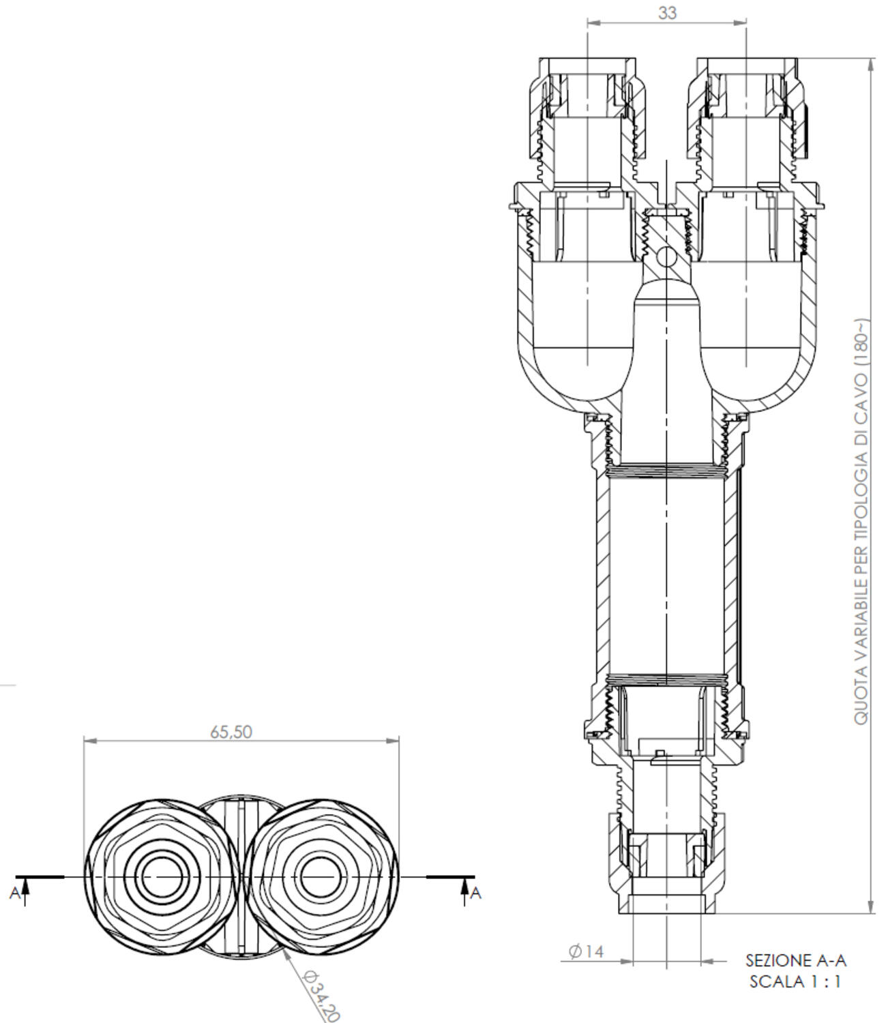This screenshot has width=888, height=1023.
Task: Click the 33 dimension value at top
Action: coord(668,12)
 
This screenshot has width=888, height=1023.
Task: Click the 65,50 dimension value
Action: coord(231,732)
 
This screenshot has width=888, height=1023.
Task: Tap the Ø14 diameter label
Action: coord(586,951)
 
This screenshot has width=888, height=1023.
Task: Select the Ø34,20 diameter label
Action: coord(321,996)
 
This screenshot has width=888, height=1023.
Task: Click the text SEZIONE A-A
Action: coord(796,960)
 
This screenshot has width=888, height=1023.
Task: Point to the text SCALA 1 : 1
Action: coord(795,982)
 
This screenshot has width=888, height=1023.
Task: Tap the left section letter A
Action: coord(14,893)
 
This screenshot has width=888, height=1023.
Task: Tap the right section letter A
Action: coord(476,893)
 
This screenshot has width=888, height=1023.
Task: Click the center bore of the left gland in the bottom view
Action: coord(160,876)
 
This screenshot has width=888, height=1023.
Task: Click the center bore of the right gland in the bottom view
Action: coord(320,876)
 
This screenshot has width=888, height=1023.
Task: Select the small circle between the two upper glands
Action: coord(665,258)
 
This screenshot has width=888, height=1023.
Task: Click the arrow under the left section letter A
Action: coord(25,886)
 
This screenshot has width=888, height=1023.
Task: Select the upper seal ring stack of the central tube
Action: coord(665,470)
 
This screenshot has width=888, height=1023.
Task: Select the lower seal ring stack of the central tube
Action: coord(665,679)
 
